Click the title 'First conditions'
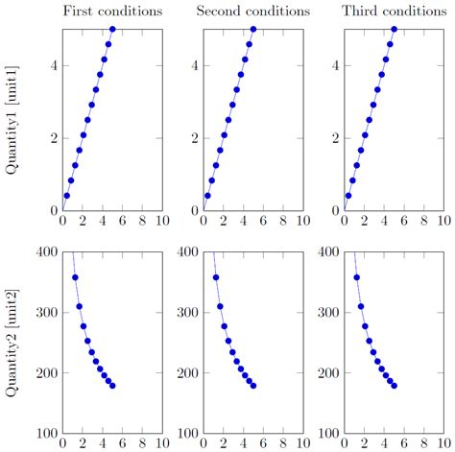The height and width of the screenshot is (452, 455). pyautogui.click(x=111, y=12)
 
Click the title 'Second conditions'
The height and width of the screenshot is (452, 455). pyautogui.click(x=252, y=12)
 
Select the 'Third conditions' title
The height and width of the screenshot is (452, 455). pyautogui.click(x=394, y=12)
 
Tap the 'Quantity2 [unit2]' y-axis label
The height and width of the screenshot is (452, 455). pyautogui.click(x=12, y=343)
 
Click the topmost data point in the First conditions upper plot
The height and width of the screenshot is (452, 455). pyautogui.click(x=112, y=30)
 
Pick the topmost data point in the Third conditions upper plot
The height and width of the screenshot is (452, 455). pyautogui.click(x=394, y=30)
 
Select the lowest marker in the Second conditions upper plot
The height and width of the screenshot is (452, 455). pyautogui.click(x=207, y=195)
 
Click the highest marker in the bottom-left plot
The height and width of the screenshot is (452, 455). pyautogui.click(x=75, y=277)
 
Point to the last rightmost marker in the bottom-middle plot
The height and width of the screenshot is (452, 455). pyautogui.click(x=253, y=386)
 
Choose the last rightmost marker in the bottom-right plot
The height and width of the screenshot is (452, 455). pyautogui.click(x=395, y=386)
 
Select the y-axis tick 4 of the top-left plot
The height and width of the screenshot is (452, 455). pyautogui.click(x=53, y=66)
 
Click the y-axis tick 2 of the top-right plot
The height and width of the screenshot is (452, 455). pyautogui.click(x=335, y=138)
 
